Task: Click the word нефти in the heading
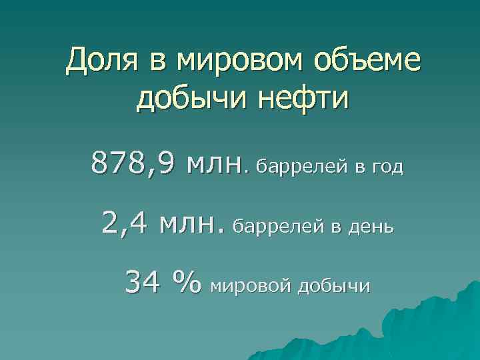coord(310,99)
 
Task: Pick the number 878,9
coord(134,163)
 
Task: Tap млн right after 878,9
coord(213,163)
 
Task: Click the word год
coord(386,166)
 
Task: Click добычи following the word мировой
coord(333,287)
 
